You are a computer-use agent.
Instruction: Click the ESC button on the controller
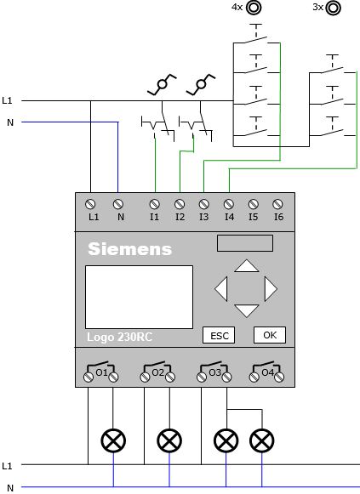click(x=219, y=335)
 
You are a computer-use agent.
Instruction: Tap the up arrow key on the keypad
click(x=247, y=266)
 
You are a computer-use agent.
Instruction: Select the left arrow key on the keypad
click(x=221, y=289)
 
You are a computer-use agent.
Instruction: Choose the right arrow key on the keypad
click(x=271, y=289)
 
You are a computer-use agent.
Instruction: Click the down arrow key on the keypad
click(x=247, y=310)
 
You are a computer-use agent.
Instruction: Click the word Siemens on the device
click(x=130, y=249)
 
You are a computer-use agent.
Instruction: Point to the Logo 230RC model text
click(x=119, y=337)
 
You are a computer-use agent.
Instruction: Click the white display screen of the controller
click(x=139, y=297)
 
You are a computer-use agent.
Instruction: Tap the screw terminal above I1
click(x=154, y=204)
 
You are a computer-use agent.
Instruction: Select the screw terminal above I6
click(x=277, y=204)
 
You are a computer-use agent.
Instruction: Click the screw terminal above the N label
click(x=118, y=204)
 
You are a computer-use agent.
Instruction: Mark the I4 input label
click(x=229, y=217)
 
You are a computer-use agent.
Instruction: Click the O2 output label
click(x=158, y=372)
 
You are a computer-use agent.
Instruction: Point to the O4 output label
click(x=267, y=372)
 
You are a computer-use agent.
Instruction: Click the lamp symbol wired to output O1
click(x=113, y=440)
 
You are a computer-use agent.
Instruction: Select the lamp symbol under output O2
click(x=169, y=440)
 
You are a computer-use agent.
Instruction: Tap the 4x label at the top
click(x=237, y=7)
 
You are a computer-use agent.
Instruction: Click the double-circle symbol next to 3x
click(x=334, y=8)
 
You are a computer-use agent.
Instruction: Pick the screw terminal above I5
click(x=253, y=204)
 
